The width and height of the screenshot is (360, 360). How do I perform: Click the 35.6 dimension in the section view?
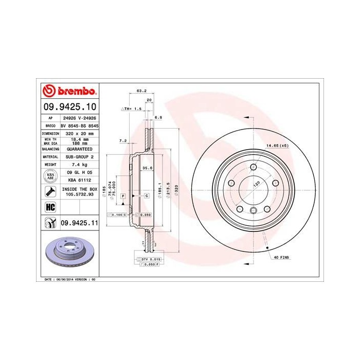tap(146, 167)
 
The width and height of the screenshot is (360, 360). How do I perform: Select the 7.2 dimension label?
tap(123, 140)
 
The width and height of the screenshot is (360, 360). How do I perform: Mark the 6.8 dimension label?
tap(158, 117)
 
